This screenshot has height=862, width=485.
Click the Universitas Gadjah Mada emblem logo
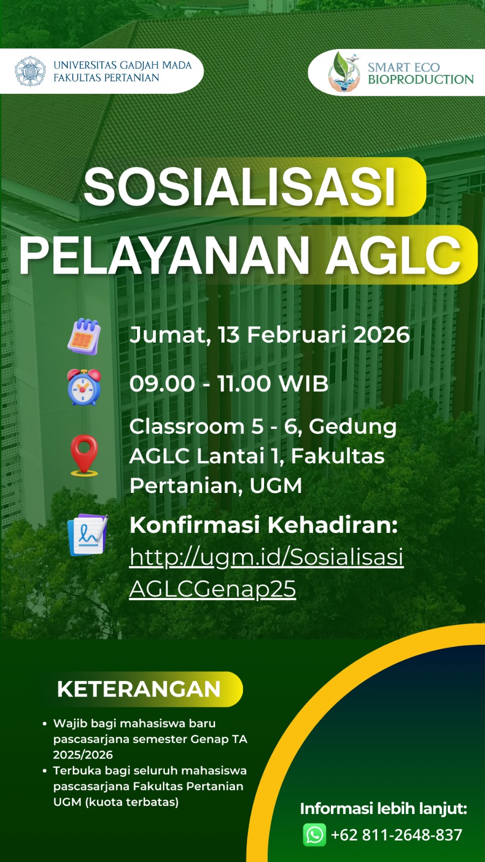(x=30, y=71)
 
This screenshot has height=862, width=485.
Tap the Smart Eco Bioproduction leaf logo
(x=344, y=72)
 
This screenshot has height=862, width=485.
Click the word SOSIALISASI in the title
(x=239, y=186)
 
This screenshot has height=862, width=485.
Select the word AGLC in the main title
(x=393, y=255)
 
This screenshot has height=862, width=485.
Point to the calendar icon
(x=84, y=336)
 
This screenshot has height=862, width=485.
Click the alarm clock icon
(x=84, y=387)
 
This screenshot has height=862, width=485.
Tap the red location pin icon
(x=84, y=456)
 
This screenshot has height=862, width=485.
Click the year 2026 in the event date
(x=382, y=335)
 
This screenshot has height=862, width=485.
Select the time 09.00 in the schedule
(x=162, y=384)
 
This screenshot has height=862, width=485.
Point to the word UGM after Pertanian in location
(x=275, y=485)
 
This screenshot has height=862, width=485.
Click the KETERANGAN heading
(x=138, y=689)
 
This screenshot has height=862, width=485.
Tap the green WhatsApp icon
(x=315, y=835)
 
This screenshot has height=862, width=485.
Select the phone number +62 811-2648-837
(x=397, y=835)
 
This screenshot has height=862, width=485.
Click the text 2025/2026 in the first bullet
(x=83, y=755)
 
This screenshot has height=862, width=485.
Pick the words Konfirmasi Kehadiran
(x=264, y=525)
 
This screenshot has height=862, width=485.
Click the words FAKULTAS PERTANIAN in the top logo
(x=106, y=78)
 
